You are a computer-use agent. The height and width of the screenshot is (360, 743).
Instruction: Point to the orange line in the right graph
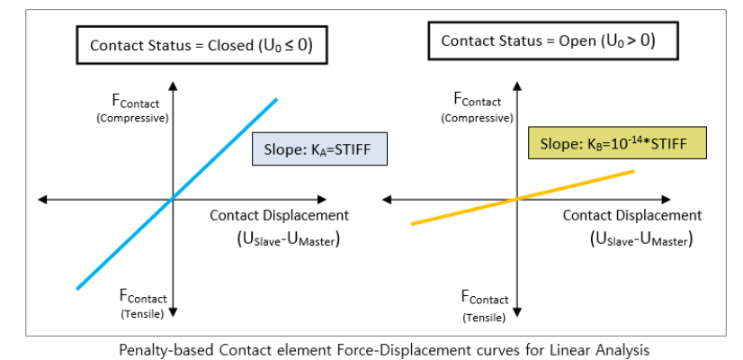(576, 184)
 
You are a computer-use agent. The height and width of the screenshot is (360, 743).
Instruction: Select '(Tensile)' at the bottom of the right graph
(485, 317)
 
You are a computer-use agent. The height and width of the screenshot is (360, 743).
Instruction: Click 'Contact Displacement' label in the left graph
(279, 215)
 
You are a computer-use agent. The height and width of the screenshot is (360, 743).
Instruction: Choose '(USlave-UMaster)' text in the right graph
(641, 238)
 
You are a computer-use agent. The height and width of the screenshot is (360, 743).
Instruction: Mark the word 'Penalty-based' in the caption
(163, 348)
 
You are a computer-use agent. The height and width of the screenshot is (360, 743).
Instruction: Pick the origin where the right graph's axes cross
(516, 198)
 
